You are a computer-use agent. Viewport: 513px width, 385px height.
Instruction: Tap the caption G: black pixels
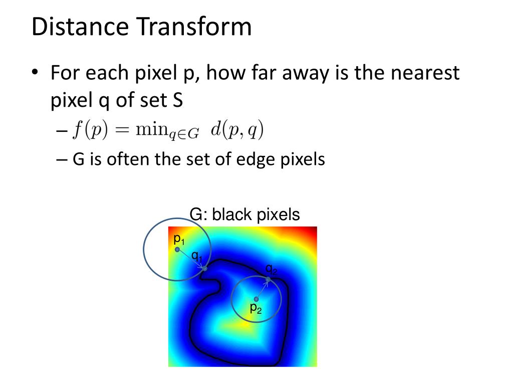[244, 215]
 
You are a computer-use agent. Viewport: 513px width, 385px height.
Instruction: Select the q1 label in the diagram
[197, 257]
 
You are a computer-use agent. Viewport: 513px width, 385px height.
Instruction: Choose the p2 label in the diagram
[255, 308]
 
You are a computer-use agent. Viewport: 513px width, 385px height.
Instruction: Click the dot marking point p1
[177, 249]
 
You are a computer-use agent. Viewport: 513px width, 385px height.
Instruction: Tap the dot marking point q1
[205, 269]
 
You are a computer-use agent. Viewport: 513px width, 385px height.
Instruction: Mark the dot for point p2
[256, 299]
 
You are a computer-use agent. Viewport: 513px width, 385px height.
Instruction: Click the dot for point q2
[268, 279]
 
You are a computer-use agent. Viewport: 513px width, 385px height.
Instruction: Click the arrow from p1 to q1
[191, 259]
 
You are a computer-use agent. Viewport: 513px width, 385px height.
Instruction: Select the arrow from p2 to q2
[262, 289]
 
